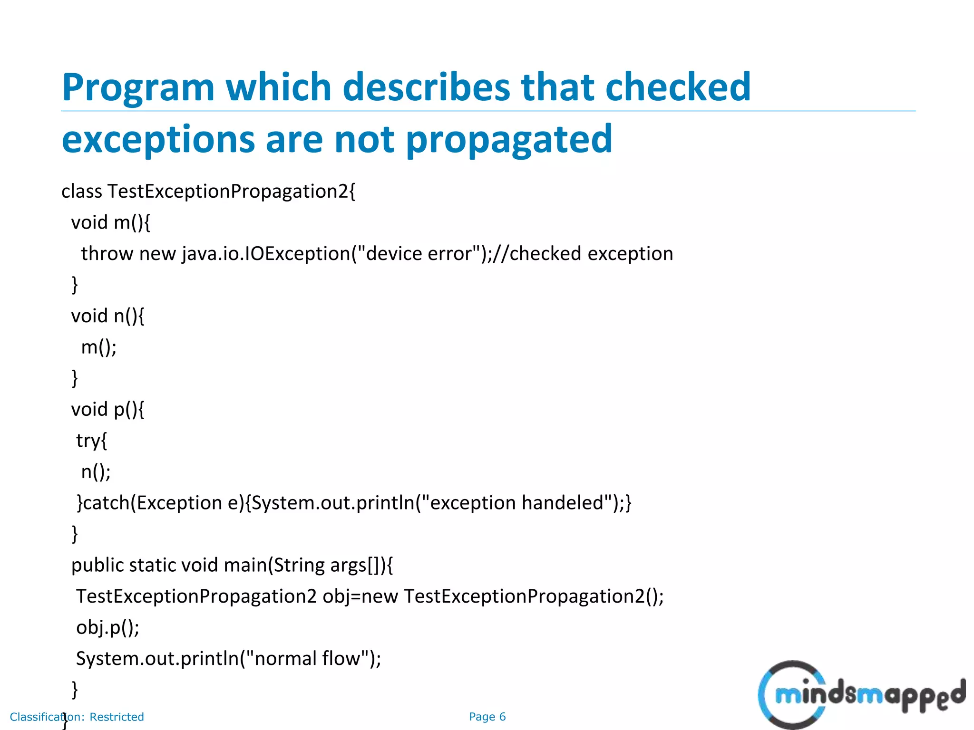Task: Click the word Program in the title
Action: point(138,88)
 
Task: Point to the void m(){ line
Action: point(110,222)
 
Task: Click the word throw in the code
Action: point(107,254)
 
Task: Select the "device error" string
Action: point(419,254)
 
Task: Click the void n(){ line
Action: point(107,316)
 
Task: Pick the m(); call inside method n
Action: point(99,347)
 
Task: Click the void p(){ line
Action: point(107,410)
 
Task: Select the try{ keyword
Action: point(91,441)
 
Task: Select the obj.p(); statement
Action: point(107,628)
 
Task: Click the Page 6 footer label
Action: point(487,717)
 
